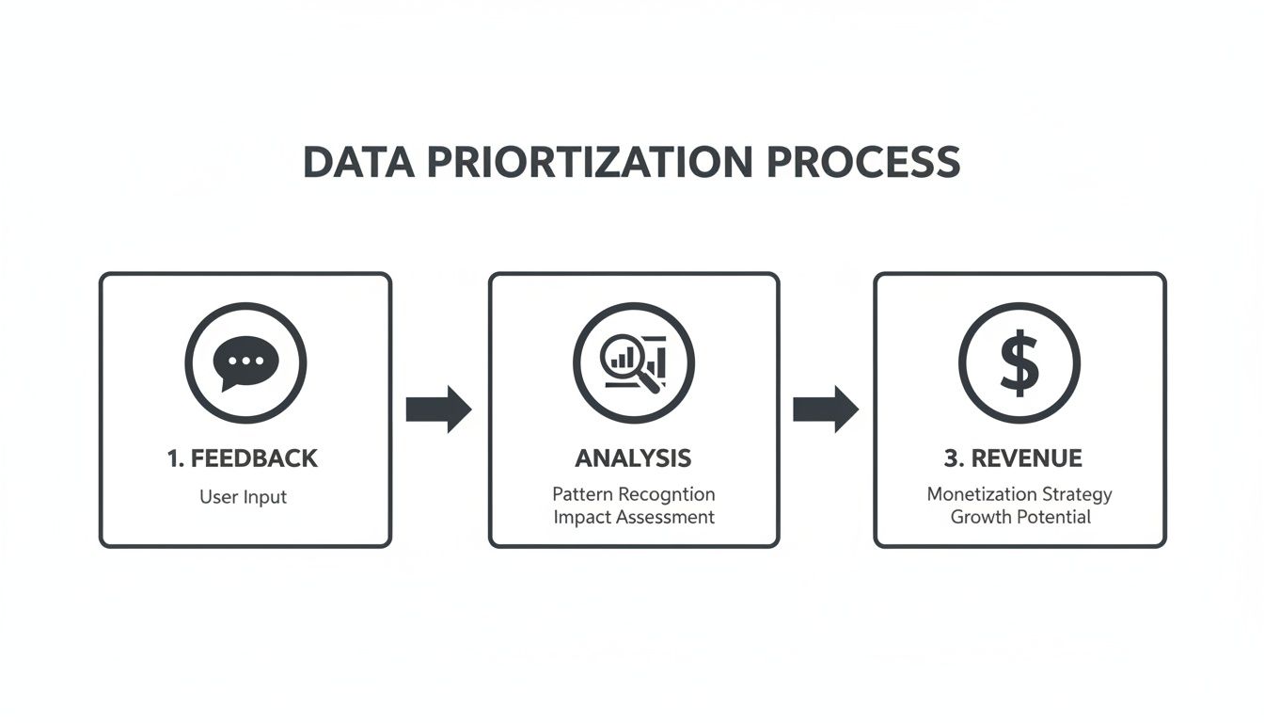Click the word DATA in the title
tap(357, 163)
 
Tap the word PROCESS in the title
tap(863, 163)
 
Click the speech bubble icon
tap(245, 362)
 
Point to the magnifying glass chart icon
tap(633, 362)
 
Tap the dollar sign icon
tap(1019, 362)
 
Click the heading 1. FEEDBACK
tap(243, 458)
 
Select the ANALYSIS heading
tap(633, 458)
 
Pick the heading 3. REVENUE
tap(1013, 458)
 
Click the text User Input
tap(243, 496)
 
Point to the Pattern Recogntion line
tap(633, 494)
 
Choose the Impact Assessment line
tap(633, 517)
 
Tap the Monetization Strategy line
tap(1019, 494)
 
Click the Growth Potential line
tap(1019, 517)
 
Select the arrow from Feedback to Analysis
tap(438, 409)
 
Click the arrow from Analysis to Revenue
tap(825, 409)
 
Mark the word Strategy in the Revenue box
tap(1078, 494)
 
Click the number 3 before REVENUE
tap(950, 458)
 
